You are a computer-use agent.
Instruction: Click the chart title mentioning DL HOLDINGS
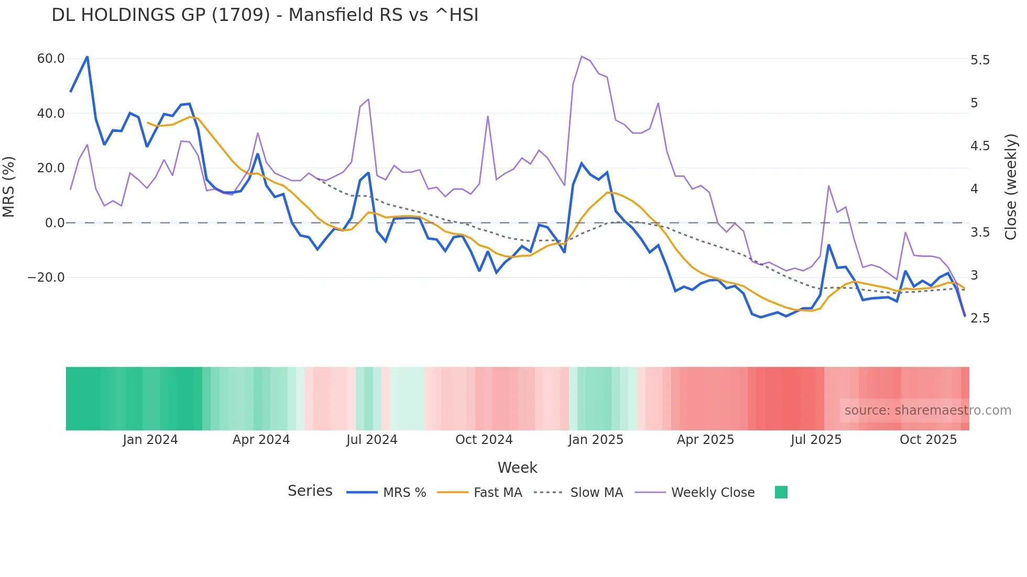coord(265,15)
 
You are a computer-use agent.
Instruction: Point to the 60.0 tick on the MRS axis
coord(51,59)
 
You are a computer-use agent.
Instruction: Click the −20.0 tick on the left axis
coord(46,278)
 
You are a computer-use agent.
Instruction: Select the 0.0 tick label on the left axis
coord(55,223)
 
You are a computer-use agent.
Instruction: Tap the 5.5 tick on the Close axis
coord(980,60)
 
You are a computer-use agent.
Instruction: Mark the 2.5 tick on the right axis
coord(980,318)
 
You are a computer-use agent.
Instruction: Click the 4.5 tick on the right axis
coord(980,146)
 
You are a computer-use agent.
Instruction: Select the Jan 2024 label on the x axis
coord(150,440)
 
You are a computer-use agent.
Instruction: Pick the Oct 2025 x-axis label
coord(928,440)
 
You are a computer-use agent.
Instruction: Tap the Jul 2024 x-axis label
coord(372,440)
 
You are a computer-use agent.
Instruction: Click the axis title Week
coord(517,468)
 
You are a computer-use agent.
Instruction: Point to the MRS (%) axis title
coord(9,187)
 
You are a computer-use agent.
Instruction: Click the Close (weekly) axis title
coord(1011,187)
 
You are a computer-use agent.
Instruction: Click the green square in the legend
coord(781,492)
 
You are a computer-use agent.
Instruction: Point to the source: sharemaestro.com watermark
coord(927,410)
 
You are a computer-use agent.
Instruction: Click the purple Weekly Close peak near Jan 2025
coord(582,57)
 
